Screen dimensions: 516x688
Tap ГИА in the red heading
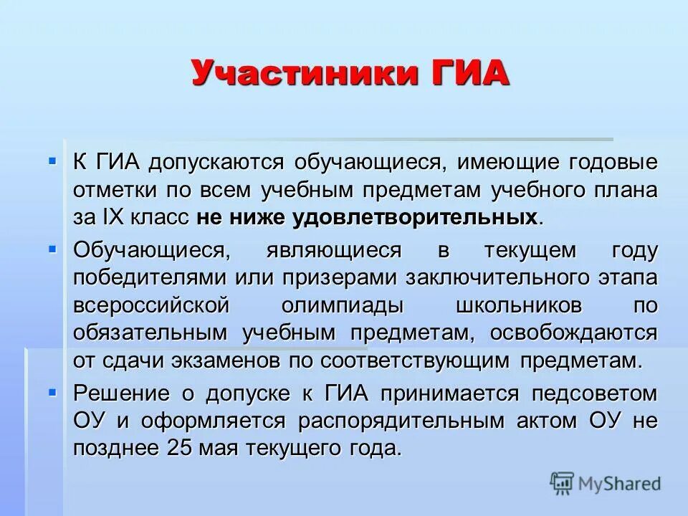pos(467,74)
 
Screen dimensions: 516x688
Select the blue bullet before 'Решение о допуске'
pos(52,391)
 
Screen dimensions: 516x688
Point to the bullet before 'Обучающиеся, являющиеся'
pos(52,248)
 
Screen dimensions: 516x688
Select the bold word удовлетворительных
pos(415,217)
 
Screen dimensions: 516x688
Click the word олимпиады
pos(341,306)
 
